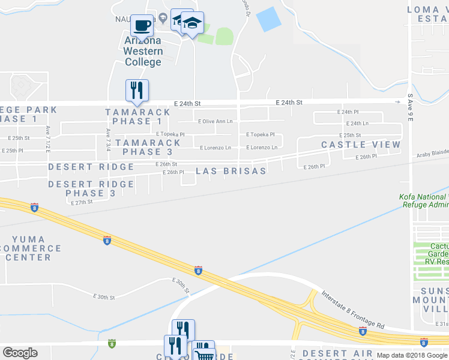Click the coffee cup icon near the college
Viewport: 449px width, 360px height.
tap(142, 25)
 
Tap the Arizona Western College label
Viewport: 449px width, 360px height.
tap(143, 51)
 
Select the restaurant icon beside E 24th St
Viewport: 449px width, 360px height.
tap(137, 90)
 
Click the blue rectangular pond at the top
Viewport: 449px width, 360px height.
tap(268, 19)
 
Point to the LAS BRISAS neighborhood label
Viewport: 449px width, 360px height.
tap(231, 171)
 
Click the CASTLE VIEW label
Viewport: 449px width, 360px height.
tap(360, 145)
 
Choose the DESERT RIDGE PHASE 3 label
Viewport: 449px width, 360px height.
tap(91, 188)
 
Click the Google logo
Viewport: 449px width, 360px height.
tap(20, 353)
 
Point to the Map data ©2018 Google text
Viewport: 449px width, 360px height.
tap(411, 355)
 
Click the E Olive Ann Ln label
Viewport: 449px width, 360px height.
tap(215, 121)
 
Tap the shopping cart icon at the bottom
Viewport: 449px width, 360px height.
tap(205, 353)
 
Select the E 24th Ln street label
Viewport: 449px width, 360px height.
tap(357, 124)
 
